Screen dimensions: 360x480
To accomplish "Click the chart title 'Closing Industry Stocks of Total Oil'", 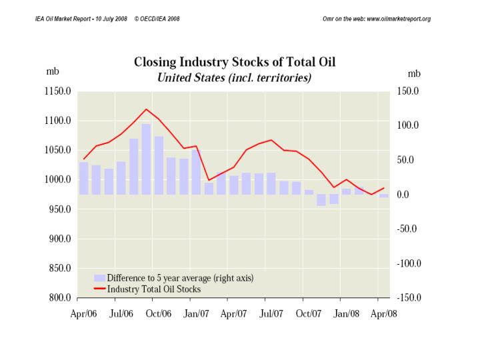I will click(235, 63).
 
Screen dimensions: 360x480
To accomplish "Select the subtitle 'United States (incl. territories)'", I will click(235, 78).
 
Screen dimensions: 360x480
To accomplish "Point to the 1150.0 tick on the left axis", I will click(58, 91).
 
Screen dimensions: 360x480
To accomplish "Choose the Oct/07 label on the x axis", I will click(309, 314).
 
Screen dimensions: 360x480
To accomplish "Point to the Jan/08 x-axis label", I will click(347, 314).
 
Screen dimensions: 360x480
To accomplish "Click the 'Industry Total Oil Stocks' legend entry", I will click(154, 289).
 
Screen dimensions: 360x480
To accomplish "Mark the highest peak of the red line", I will click(146, 109).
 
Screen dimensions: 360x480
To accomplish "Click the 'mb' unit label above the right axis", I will click(414, 73).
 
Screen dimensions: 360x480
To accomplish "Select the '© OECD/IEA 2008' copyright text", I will click(157, 18).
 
